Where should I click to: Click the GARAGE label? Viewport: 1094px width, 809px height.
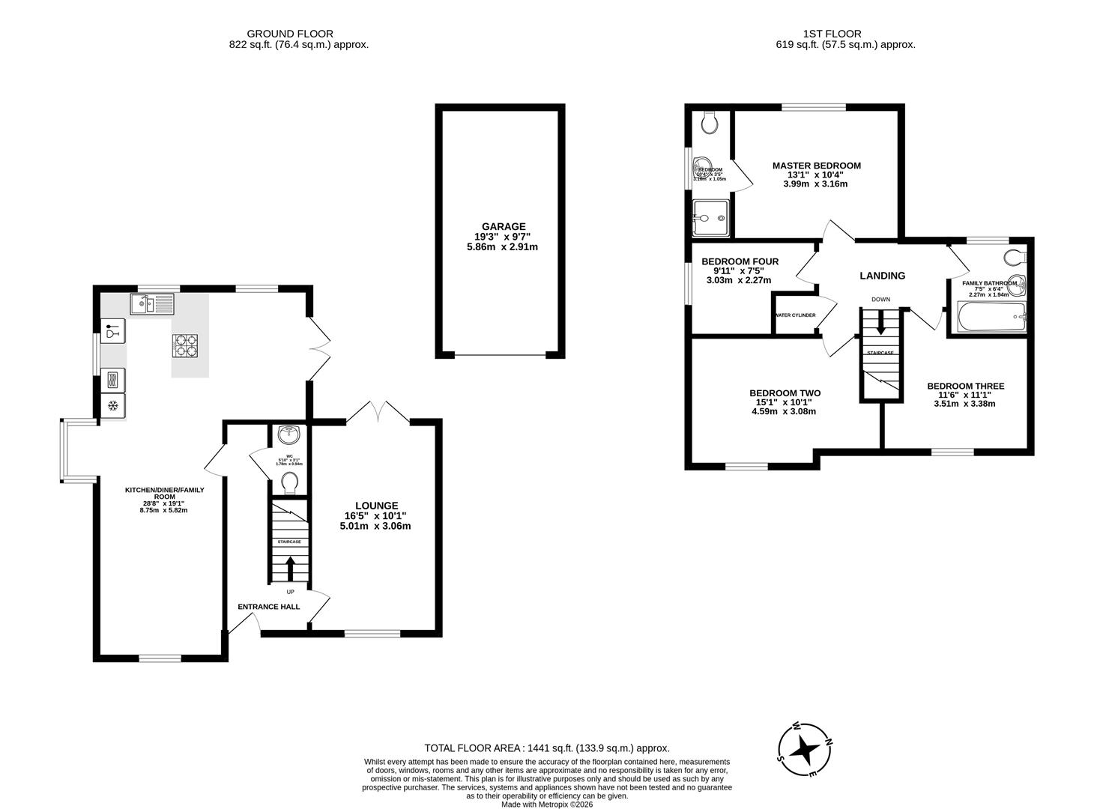point(503,226)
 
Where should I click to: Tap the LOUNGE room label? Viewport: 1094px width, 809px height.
point(376,506)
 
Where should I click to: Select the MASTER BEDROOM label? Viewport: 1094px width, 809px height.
point(816,166)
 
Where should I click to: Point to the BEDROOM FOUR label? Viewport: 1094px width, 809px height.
point(740,261)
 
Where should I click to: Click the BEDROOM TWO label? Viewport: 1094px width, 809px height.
point(785,393)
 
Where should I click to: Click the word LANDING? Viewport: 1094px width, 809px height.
point(882,276)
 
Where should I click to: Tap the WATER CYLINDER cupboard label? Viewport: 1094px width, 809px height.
point(796,315)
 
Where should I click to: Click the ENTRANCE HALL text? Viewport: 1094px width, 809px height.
point(269,607)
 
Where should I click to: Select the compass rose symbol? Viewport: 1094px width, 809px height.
point(805,749)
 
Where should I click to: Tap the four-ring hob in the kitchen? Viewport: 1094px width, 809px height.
point(187,345)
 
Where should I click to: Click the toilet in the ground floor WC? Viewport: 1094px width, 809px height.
point(289,484)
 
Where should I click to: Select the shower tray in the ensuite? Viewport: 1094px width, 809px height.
point(710,218)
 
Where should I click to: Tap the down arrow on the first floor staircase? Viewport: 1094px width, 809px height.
point(881,324)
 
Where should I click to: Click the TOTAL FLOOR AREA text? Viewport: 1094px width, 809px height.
point(546,748)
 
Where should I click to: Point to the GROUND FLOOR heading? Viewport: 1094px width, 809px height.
point(289,34)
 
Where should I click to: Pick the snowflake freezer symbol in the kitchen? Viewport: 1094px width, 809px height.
point(113,406)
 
